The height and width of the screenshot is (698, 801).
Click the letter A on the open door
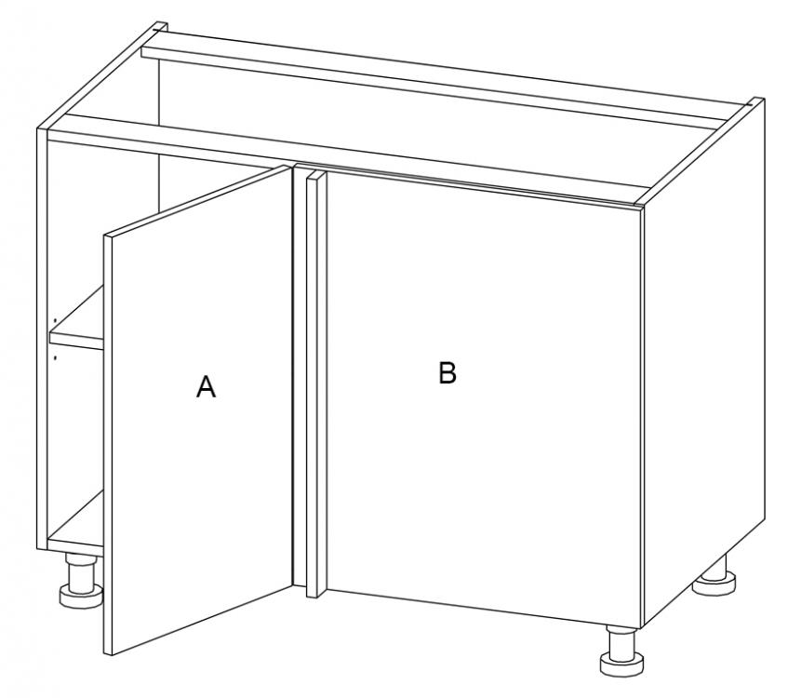[206, 386]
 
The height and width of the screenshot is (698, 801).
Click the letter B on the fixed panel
[447, 372]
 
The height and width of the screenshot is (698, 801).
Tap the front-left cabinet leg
[81, 581]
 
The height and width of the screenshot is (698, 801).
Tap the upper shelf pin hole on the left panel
[54, 320]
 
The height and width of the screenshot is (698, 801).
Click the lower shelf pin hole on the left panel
[54, 357]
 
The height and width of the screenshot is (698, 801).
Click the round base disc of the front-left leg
[81, 597]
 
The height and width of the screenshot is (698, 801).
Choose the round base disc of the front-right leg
[622, 664]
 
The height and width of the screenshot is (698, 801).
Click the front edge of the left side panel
[43, 339]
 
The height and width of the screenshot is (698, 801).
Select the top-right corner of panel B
[642, 208]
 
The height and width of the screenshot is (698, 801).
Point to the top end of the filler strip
[315, 175]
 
